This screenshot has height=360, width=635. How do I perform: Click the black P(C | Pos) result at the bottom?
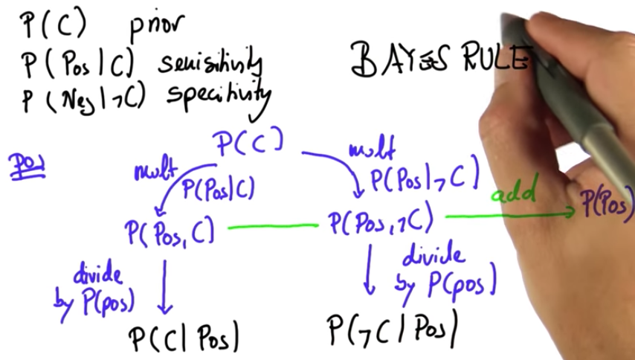point(184,338)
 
